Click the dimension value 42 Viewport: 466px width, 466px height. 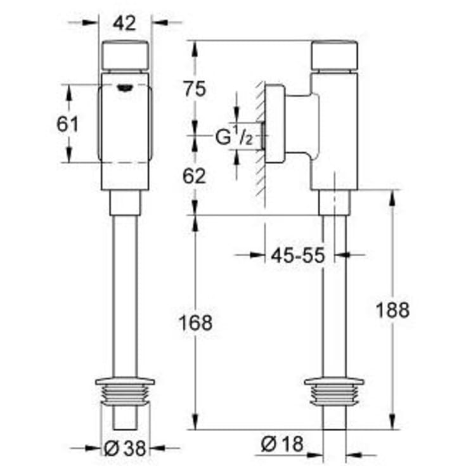[124, 23]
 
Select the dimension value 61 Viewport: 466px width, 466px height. [67, 124]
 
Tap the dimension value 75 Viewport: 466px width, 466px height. [195, 89]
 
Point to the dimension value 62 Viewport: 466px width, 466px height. [194, 176]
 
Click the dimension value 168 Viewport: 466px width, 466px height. [195, 323]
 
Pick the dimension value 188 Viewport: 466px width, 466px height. [392, 310]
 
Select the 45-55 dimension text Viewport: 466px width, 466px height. [298, 256]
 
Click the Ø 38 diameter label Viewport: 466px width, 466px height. [126, 448]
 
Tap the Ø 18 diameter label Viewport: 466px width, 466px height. [282, 444]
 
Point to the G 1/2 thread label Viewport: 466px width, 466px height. [234, 136]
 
